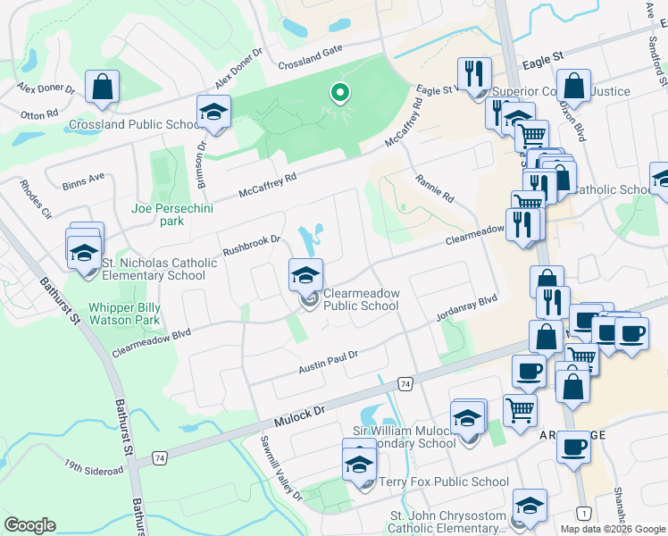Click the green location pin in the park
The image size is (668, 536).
(338, 92)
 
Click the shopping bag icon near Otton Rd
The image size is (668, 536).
(103, 88)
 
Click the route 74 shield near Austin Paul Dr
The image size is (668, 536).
(405, 382)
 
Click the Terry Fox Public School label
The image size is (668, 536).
(444, 482)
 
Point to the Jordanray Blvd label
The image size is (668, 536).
(465, 309)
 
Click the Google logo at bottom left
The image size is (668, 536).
(29, 525)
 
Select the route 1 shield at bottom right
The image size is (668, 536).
(583, 513)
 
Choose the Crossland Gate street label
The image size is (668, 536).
(310, 63)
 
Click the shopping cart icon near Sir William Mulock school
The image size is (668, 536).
(519, 411)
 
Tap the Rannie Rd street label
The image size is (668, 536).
(435, 188)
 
